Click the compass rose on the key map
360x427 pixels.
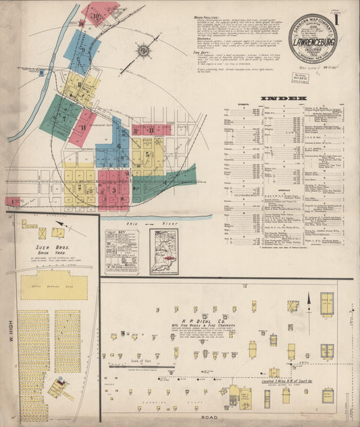[143, 50]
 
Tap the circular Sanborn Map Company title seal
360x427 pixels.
[311, 40]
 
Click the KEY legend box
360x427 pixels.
[122, 251]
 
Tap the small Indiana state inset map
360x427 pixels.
[163, 251]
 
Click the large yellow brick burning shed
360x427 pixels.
[54, 287]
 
